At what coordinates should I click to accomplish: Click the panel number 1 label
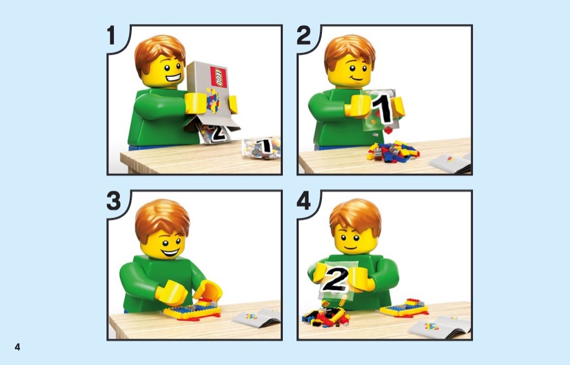111,35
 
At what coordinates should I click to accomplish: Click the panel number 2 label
304,35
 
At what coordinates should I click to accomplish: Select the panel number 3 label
113,201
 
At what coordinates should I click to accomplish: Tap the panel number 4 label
304,201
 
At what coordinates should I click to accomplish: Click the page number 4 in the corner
17,347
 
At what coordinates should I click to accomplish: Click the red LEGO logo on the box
218,78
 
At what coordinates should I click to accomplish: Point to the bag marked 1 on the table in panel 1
261,148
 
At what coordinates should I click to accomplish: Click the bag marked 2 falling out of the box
214,132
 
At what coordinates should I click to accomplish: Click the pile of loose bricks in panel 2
392,151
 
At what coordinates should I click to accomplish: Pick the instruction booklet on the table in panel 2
451,163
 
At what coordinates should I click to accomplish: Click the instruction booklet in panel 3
257,317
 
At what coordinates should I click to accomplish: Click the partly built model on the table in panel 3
192,310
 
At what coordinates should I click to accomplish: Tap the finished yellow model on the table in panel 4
404,308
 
